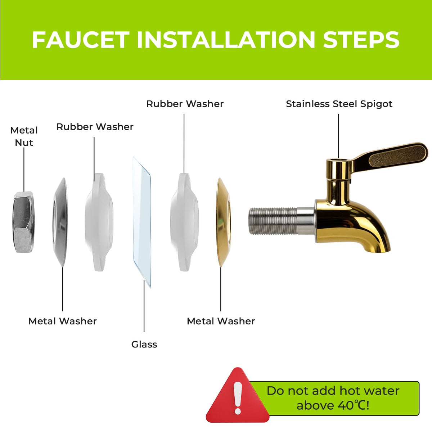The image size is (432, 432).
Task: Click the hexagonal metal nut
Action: pyautogui.click(x=23, y=222)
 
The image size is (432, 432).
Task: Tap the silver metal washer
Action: pyautogui.click(x=60, y=222)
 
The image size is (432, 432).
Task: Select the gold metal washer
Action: pyautogui.click(x=224, y=222)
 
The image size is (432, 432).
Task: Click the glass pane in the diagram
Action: pyautogui.click(x=142, y=222)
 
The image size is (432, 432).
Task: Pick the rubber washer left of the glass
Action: pyautogui.click(x=99, y=222)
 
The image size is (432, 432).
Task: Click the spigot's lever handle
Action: pyautogui.click(x=391, y=155)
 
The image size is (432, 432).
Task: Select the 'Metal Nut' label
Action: pyautogui.click(x=24, y=136)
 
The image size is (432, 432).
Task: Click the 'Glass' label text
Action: pyautogui.click(x=144, y=345)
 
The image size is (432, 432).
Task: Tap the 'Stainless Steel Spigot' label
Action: pyautogui.click(x=339, y=104)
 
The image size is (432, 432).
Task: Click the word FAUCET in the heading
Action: pyautogui.click(x=81, y=40)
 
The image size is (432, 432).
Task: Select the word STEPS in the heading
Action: pyautogui.click(x=361, y=40)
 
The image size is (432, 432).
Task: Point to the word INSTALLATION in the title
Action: pyautogui.click(x=226, y=40)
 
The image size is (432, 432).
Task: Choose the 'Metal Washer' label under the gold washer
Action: pyautogui.click(x=221, y=321)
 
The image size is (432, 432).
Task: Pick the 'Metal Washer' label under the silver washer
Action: pyautogui.click(x=63, y=321)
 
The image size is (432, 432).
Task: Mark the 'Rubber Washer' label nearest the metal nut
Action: pyautogui.click(x=95, y=127)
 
